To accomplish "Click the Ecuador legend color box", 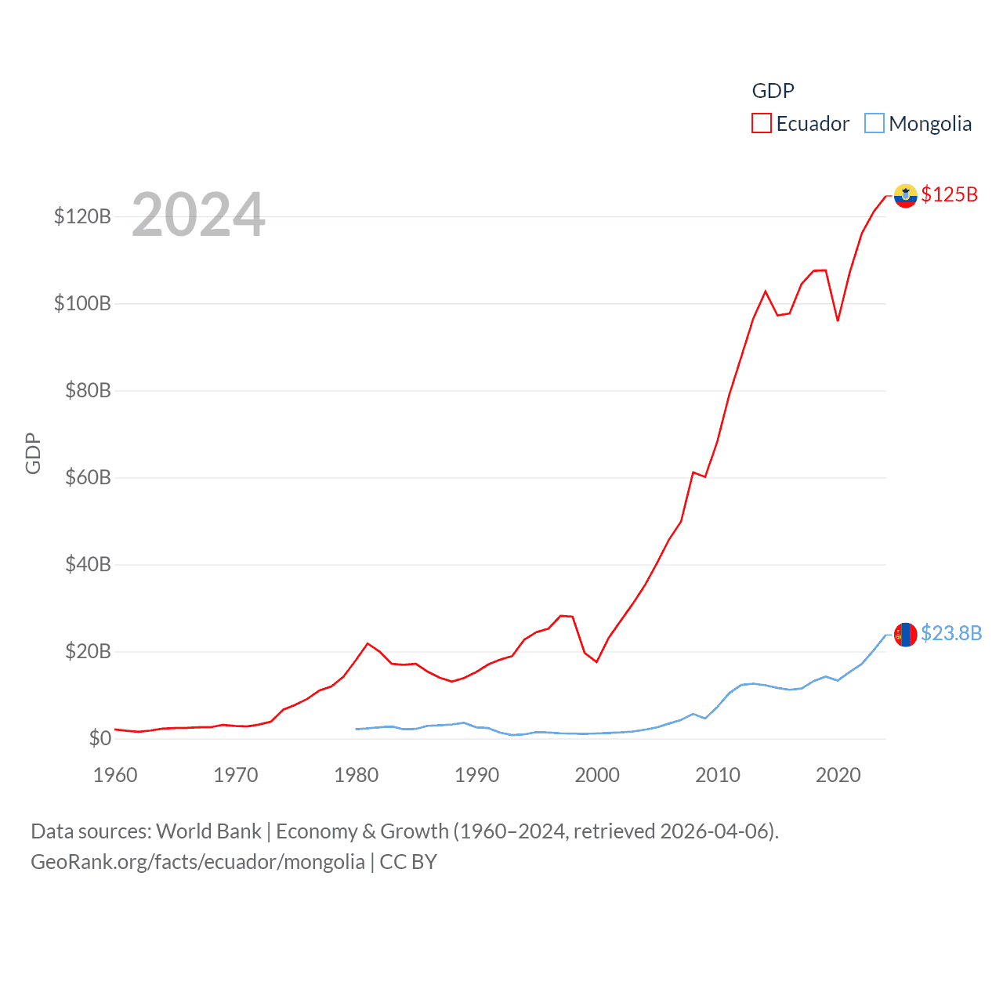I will (x=761, y=124).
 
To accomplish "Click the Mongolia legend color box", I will (x=874, y=124).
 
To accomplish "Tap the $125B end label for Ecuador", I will (x=949, y=194).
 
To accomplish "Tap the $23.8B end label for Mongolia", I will (x=951, y=633).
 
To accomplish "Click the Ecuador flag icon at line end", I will (x=905, y=195).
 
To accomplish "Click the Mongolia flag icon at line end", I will (x=905, y=634).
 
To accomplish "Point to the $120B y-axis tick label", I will (x=82, y=216).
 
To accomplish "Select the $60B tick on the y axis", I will (x=88, y=477).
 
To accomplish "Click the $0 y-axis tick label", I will (x=100, y=738).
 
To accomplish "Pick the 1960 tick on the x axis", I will (x=115, y=775).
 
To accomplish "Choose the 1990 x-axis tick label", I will (x=476, y=775).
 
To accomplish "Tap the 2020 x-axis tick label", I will (x=838, y=775).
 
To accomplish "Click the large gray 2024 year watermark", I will (x=198, y=215).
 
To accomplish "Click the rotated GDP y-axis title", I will (x=33, y=453).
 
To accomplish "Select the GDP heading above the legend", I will (x=773, y=91).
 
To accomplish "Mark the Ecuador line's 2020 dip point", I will (x=838, y=320).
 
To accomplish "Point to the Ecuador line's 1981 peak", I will (x=368, y=643).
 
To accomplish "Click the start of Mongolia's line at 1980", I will (x=357, y=729).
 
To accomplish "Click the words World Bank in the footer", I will (x=208, y=831).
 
